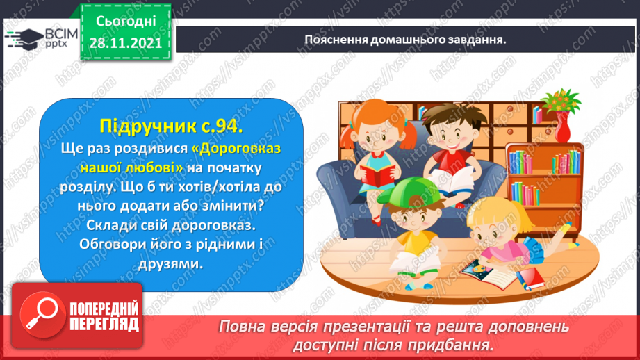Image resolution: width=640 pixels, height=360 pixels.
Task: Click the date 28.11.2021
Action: [126, 42]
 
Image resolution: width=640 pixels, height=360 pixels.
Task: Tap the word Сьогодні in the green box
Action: [126, 22]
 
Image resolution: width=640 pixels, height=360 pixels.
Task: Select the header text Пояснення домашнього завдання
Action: [405, 40]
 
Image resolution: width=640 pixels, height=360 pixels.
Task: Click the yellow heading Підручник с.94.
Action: [171, 126]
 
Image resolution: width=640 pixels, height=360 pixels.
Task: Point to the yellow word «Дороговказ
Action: [236, 148]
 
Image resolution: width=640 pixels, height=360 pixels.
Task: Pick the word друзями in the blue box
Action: [171, 263]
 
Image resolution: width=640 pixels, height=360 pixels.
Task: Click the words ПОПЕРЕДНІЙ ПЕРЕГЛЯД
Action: [104, 316]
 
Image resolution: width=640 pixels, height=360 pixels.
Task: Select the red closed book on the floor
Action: [530, 279]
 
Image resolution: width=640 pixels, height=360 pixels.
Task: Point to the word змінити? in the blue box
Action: [233, 206]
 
